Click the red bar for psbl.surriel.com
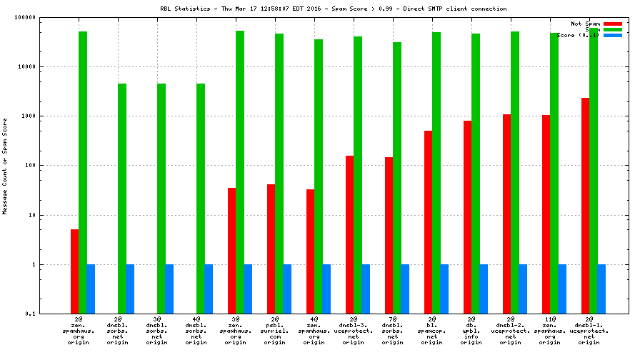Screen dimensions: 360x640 (x=271, y=249)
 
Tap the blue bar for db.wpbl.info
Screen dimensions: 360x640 (x=483, y=289)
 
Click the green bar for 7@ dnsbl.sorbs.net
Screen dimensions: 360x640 (x=396, y=178)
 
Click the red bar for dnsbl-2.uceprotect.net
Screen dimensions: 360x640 (x=506, y=214)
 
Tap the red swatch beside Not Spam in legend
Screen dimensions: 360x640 (x=613, y=24)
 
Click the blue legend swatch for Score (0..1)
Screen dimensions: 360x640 (x=613, y=35)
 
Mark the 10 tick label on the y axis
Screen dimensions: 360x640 (x=32, y=215)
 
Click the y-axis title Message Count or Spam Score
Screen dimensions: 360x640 (x=5, y=166)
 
